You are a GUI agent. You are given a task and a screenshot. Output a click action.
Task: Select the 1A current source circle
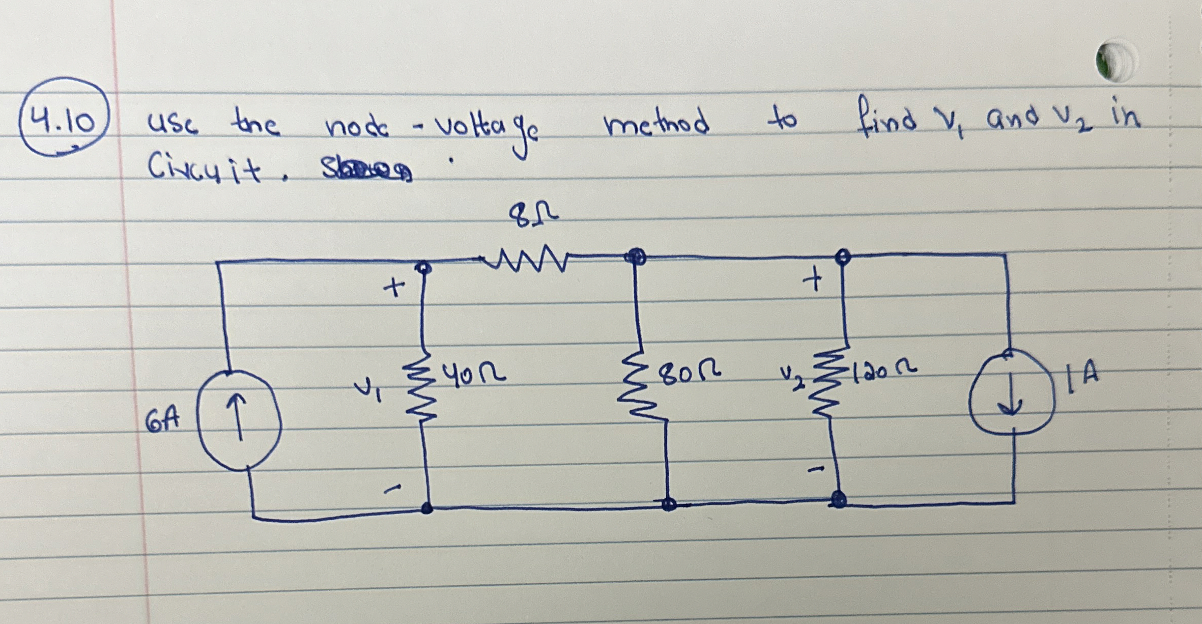point(1011,392)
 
